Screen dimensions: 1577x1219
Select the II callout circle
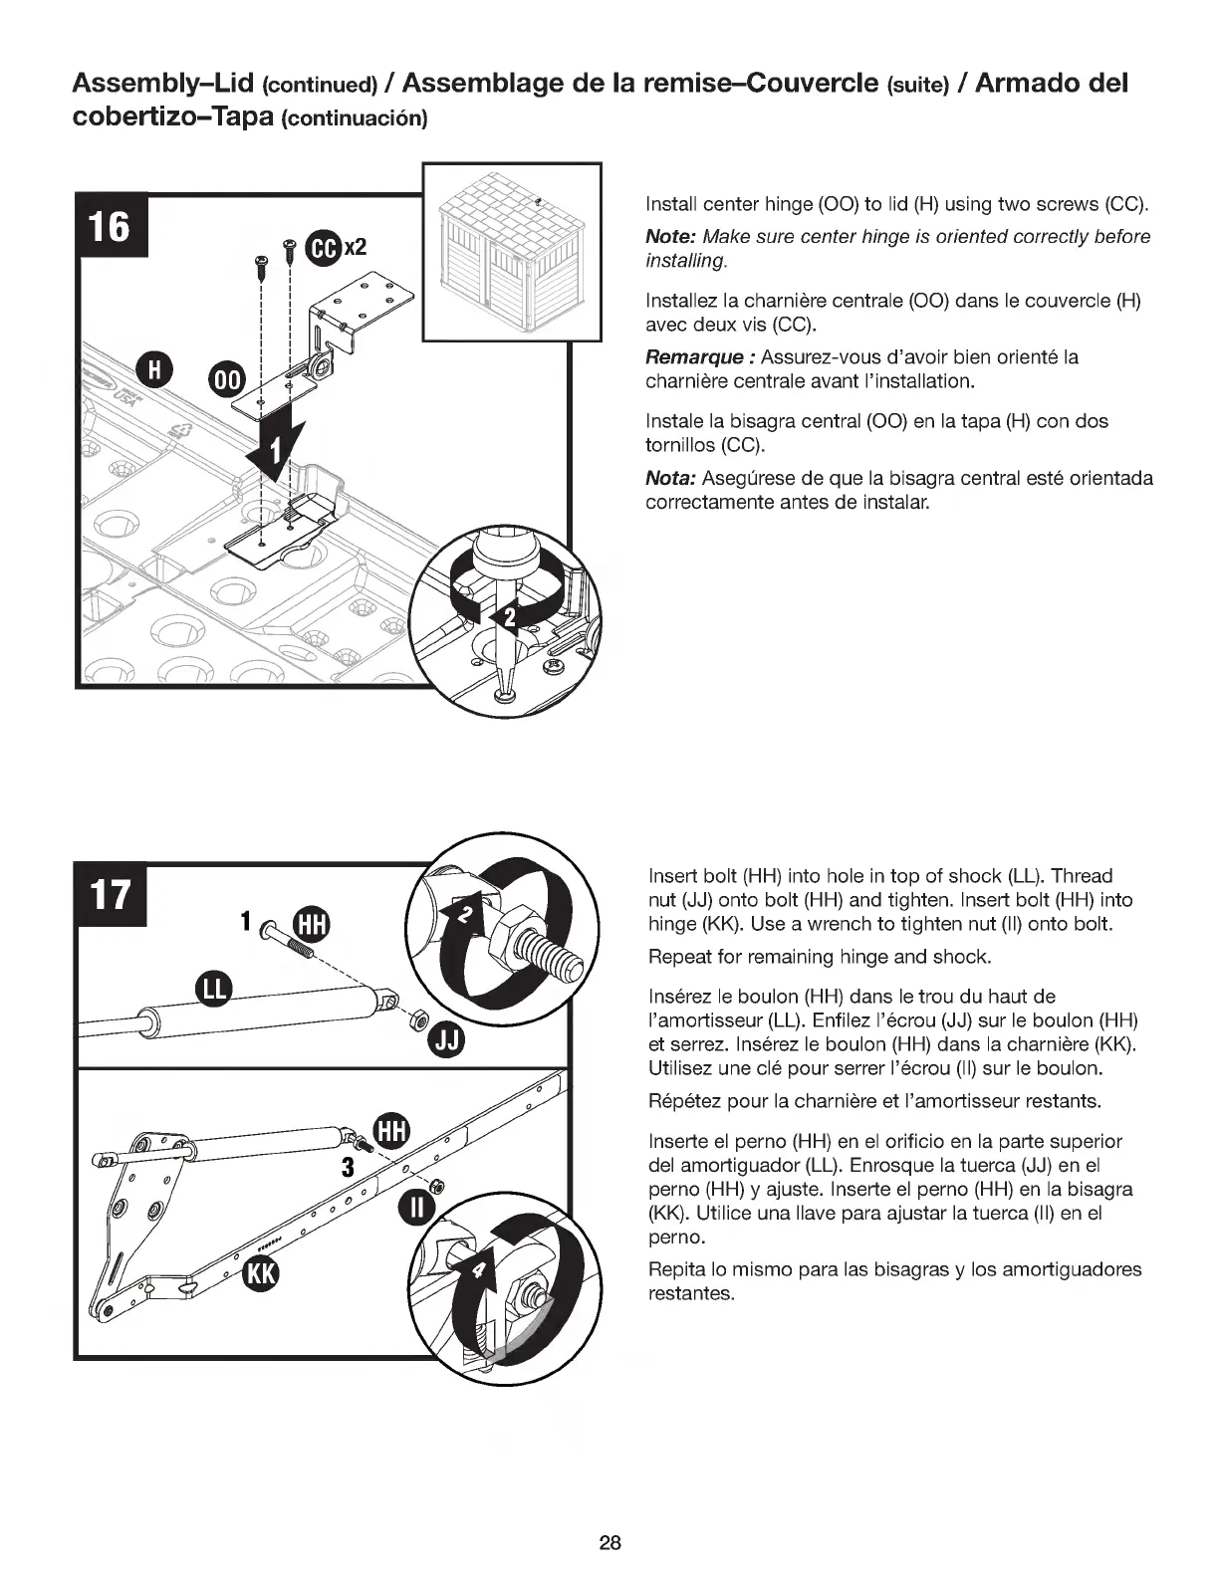click(415, 1211)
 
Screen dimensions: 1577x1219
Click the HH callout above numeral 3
click(392, 1130)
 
